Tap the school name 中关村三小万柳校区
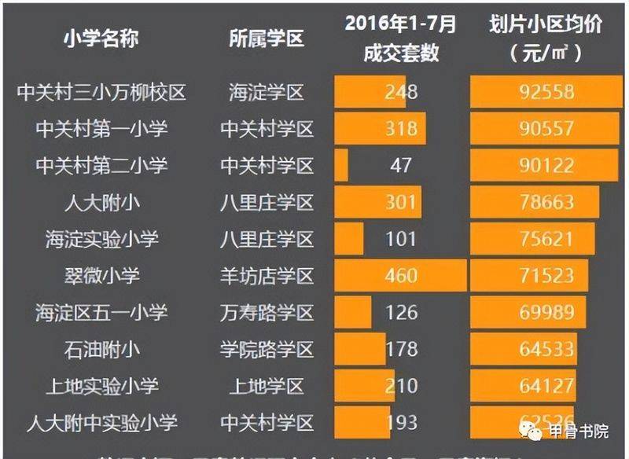click(x=101, y=93)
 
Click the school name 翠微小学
click(x=101, y=276)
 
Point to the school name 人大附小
click(x=101, y=203)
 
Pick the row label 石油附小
click(x=101, y=349)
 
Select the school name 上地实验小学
click(x=101, y=386)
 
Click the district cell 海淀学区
click(x=267, y=93)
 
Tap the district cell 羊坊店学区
click(x=267, y=276)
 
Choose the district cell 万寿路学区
click(x=267, y=313)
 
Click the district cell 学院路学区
click(x=267, y=349)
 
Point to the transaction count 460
click(x=401, y=276)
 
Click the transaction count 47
click(x=401, y=166)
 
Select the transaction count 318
click(x=401, y=129)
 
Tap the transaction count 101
click(x=401, y=239)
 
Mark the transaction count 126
click(x=401, y=313)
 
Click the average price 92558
click(x=547, y=93)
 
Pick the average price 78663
click(x=547, y=203)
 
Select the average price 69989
click(x=547, y=313)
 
